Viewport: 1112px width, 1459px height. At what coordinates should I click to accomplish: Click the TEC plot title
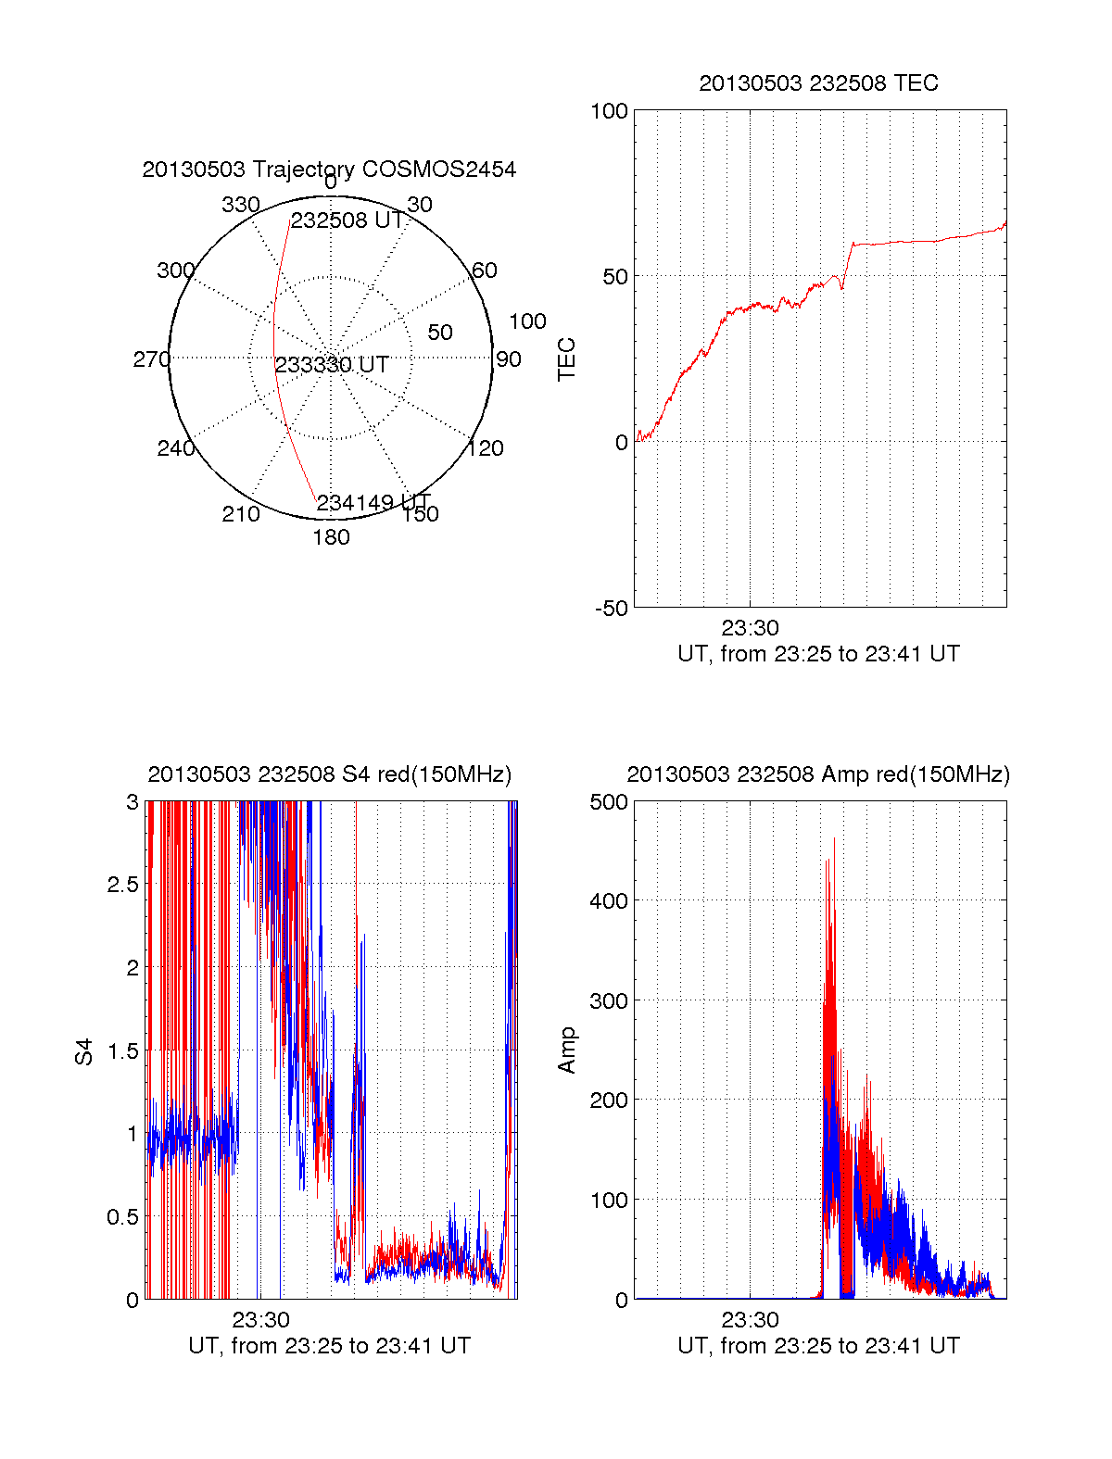tap(818, 83)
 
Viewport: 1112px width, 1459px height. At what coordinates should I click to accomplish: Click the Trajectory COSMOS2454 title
tap(329, 170)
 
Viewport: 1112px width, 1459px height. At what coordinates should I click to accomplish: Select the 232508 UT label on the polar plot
tap(347, 220)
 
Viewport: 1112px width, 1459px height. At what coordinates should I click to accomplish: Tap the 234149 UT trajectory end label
tap(373, 503)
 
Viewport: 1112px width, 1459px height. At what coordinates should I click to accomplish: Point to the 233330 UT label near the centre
tap(331, 365)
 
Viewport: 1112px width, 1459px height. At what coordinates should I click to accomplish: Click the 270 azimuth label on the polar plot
tap(151, 359)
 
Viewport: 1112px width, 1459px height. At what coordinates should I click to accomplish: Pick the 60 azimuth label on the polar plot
tap(485, 270)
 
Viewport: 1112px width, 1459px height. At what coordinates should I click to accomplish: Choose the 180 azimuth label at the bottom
tap(331, 537)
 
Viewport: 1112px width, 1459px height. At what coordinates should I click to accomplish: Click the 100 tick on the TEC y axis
tap(609, 112)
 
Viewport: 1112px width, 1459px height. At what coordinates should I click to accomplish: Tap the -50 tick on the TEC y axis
tap(611, 609)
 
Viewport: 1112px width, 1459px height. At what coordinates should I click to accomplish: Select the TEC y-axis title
tap(566, 359)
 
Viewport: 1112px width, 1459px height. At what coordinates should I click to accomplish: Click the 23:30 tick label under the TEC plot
tap(750, 628)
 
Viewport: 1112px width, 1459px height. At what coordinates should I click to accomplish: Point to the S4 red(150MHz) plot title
tap(329, 774)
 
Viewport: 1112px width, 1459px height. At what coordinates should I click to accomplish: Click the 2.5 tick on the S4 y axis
tap(122, 885)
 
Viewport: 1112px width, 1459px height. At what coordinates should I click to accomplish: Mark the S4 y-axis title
tap(84, 1051)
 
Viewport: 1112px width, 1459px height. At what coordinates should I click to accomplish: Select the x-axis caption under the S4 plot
tap(329, 1346)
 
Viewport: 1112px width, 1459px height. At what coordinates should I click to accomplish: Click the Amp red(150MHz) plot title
tap(818, 774)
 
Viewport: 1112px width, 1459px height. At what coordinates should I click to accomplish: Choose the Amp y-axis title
tap(566, 1050)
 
